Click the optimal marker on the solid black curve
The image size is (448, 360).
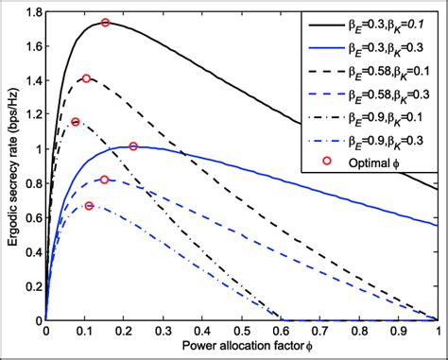point(105,23)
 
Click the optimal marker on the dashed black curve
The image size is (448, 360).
point(86,78)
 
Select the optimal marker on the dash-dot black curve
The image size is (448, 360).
point(76,122)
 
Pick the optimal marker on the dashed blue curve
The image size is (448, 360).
point(105,180)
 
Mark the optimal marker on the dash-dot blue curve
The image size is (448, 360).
point(89,206)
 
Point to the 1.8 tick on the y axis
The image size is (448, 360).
point(31,12)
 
